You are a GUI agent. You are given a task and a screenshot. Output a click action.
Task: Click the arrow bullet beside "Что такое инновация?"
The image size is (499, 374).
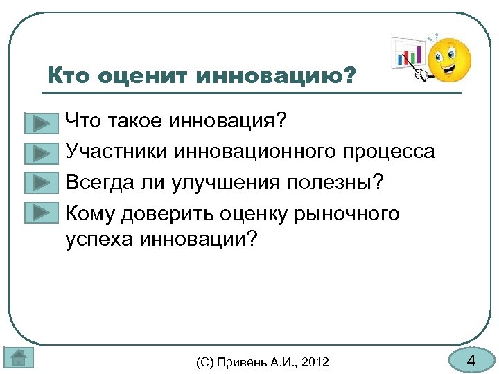(41, 123)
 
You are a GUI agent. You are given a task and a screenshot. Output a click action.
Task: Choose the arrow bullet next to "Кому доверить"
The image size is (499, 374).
(41, 213)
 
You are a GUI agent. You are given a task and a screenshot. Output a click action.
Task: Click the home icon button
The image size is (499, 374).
(18, 358)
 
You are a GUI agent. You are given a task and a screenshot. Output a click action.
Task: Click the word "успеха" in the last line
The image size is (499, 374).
(99, 240)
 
